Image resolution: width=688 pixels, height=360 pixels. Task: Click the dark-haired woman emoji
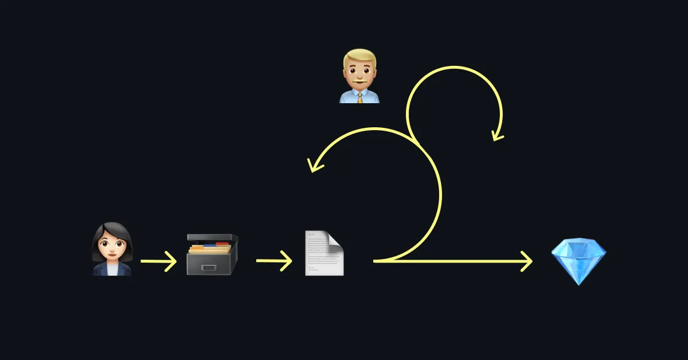click(112, 249)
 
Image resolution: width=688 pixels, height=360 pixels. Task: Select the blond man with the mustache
click(359, 76)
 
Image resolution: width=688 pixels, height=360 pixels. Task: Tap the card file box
click(212, 255)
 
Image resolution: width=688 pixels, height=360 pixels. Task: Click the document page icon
click(325, 253)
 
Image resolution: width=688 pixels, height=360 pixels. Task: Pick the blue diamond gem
click(578, 261)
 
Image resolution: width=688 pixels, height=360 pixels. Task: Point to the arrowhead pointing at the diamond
click(526, 261)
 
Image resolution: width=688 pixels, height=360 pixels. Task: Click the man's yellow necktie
click(360, 97)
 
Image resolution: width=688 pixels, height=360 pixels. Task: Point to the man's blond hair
click(359, 57)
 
